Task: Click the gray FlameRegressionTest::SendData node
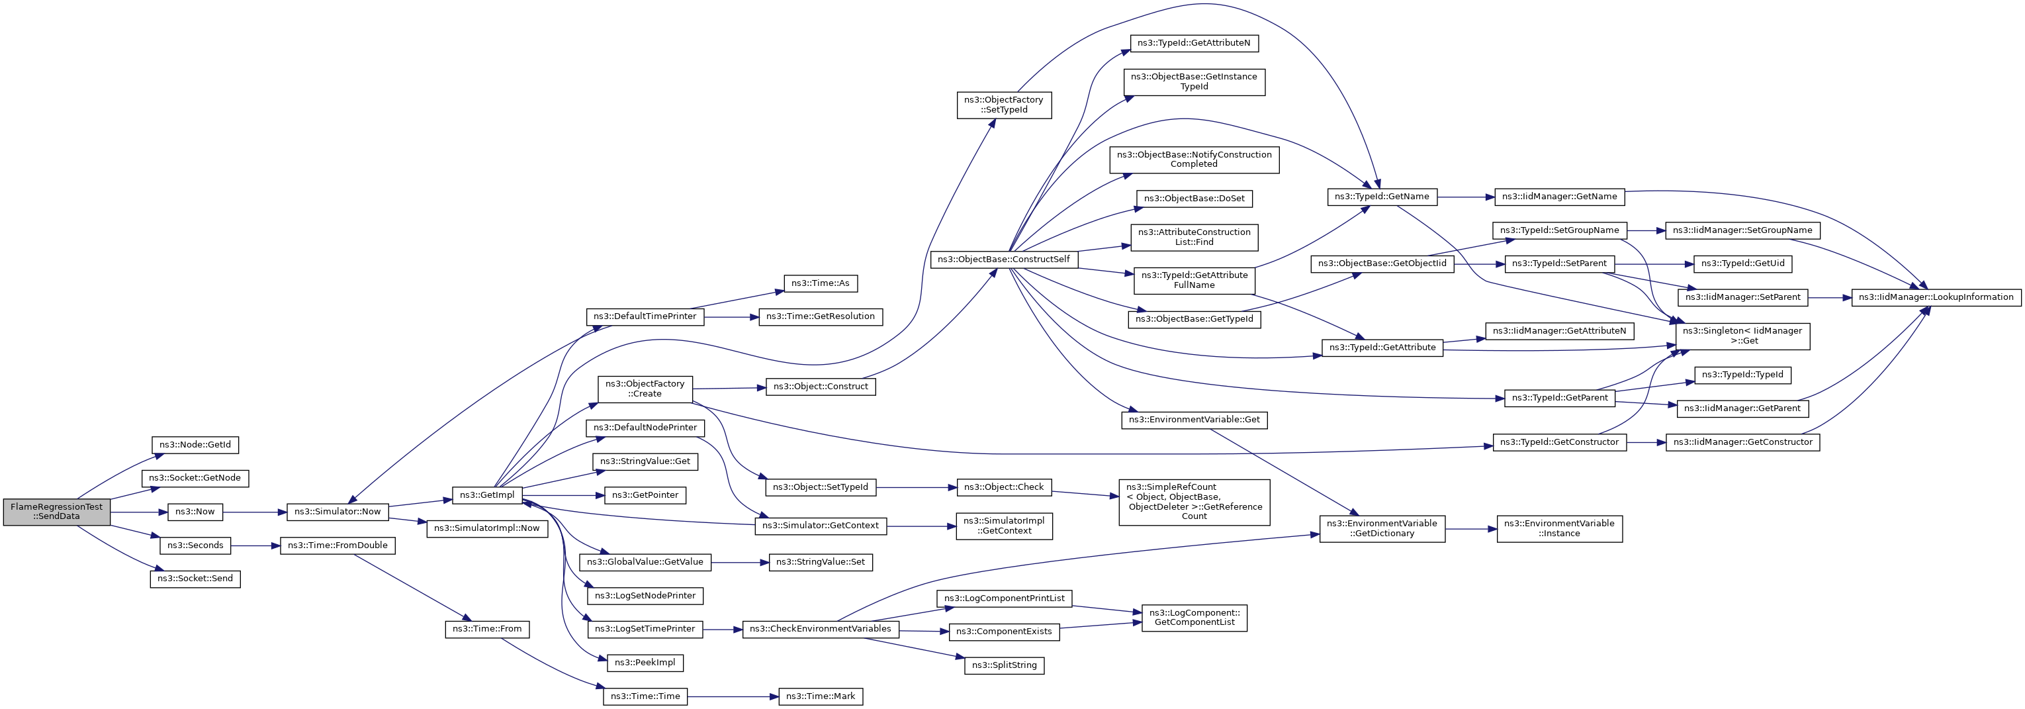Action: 57,512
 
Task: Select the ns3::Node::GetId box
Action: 195,445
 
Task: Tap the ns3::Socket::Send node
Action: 195,579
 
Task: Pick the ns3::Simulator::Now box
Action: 337,512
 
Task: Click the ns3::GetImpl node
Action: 487,495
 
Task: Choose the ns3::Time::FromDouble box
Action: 337,545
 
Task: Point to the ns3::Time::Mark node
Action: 821,696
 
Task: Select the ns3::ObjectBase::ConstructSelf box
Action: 1003,260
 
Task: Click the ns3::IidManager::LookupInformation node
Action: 1936,297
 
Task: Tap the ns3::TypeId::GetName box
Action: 1382,197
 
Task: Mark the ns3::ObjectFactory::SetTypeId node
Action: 1004,105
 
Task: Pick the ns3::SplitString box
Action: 1004,665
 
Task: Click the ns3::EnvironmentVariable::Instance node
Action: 1559,528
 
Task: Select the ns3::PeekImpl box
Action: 645,663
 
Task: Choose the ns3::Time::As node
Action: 820,283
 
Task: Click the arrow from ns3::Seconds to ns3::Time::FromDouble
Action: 255,545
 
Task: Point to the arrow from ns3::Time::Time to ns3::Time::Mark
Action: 733,696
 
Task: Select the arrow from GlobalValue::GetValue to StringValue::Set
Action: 740,562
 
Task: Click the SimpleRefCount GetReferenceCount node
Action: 1193,502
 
